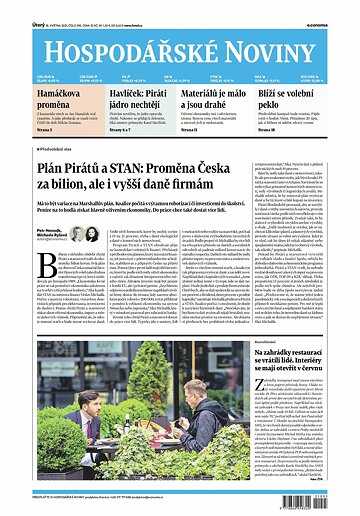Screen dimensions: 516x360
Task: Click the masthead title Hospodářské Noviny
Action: point(179,40)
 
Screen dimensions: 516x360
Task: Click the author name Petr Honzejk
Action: point(47,228)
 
